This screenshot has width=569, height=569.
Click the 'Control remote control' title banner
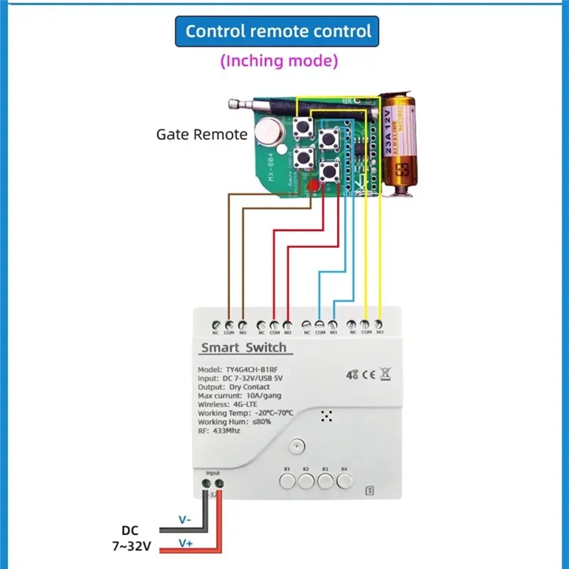(278, 32)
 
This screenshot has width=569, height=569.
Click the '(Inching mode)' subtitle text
(279, 61)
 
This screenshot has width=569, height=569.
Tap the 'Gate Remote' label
(202, 134)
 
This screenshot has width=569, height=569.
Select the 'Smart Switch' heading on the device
(243, 348)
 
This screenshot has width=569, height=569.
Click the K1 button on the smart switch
(287, 482)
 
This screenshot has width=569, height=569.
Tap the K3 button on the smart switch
(326, 482)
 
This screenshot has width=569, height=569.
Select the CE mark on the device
(370, 372)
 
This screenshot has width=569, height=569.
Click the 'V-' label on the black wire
(184, 520)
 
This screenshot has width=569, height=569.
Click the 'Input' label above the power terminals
(213, 472)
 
